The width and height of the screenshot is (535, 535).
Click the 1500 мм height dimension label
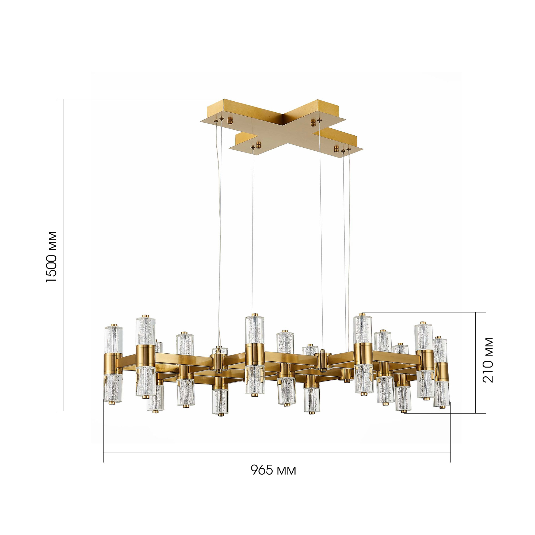tap(52, 257)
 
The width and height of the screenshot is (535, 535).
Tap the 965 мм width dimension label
tap(273, 470)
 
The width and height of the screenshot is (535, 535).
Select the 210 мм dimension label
tap(488, 360)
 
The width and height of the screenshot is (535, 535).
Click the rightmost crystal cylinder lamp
tap(441, 373)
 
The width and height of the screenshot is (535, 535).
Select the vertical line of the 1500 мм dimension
tap(63, 255)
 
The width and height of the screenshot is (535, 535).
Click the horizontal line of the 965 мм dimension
tap(277, 453)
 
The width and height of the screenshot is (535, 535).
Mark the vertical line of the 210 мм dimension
tap(476, 363)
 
